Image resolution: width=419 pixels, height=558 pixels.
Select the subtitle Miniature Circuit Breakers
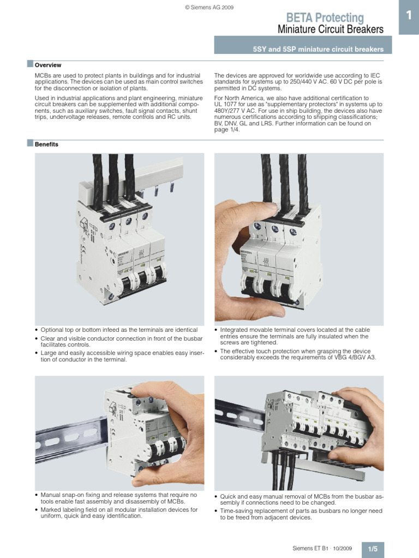(x=330, y=29)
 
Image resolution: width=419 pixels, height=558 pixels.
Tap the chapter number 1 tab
(x=408, y=17)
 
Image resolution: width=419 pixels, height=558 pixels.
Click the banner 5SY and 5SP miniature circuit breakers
(x=318, y=50)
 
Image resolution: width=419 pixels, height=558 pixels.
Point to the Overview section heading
(x=48, y=65)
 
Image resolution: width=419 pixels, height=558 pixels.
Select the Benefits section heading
(x=46, y=144)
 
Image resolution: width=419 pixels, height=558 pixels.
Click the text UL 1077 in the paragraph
(x=226, y=104)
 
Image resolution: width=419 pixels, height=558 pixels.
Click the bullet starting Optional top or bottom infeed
(x=119, y=330)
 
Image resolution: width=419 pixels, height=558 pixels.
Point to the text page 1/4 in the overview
(x=226, y=130)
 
